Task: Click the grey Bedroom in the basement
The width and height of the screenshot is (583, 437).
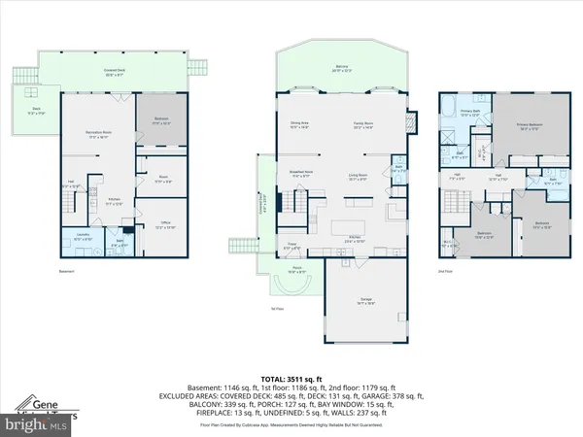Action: pyautogui.click(x=160, y=121)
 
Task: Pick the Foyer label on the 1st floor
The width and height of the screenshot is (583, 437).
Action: pyautogui.click(x=291, y=247)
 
